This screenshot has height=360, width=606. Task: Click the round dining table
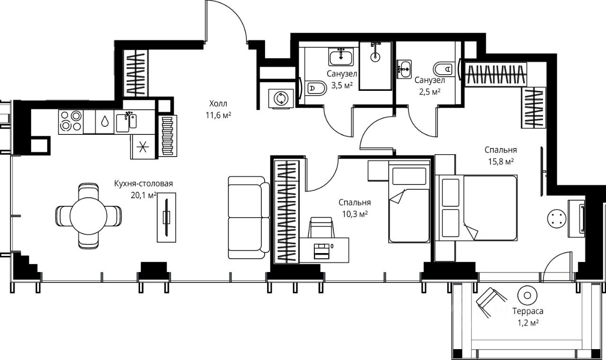[x=89, y=216]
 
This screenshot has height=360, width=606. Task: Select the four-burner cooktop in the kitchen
[x=71, y=122]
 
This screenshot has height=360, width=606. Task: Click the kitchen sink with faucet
[x=126, y=122]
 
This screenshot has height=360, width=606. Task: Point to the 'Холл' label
[x=218, y=104]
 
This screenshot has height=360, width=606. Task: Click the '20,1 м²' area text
[x=143, y=195]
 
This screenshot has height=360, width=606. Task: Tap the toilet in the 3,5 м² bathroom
[x=316, y=88]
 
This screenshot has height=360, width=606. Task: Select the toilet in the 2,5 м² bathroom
[x=443, y=69]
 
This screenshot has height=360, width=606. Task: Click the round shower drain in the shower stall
[x=375, y=57]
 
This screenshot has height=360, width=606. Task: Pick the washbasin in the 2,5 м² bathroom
[x=404, y=69]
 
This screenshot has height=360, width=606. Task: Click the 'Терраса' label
[x=527, y=311]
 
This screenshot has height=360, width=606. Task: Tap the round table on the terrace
[x=527, y=295]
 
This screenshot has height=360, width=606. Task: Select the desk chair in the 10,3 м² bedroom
[x=321, y=228]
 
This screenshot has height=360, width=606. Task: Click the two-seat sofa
[x=249, y=218]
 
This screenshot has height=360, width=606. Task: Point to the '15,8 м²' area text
[x=501, y=162]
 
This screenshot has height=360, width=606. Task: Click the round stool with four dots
[x=557, y=219]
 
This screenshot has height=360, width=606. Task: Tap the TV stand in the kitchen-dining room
[x=167, y=217]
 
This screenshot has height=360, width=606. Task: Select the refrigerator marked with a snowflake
[x=143, y=147]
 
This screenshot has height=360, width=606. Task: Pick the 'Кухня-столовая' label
[x=143, y=184]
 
